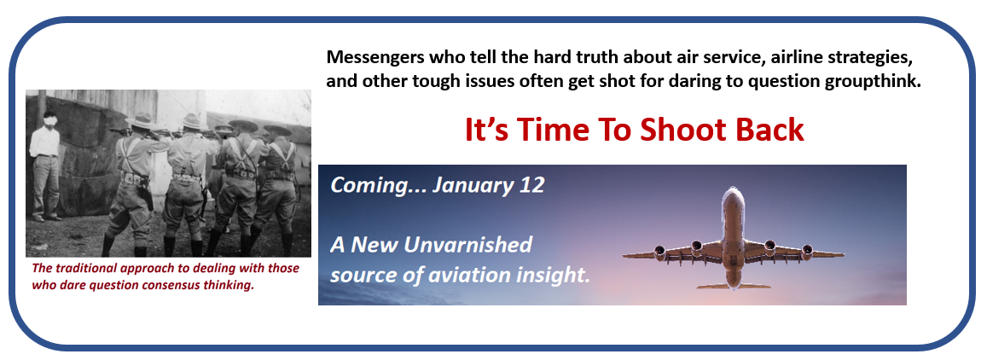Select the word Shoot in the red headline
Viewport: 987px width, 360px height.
click(x=683, y=130)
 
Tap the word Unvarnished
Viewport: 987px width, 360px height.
click(x=467, y=244)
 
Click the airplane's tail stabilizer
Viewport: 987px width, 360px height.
click(x=733, y=286)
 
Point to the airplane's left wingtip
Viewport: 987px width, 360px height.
click(x=624, y=256)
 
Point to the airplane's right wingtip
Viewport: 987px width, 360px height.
click(x=842, y=255)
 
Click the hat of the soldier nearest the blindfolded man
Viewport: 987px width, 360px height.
click(x=141, y=120)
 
